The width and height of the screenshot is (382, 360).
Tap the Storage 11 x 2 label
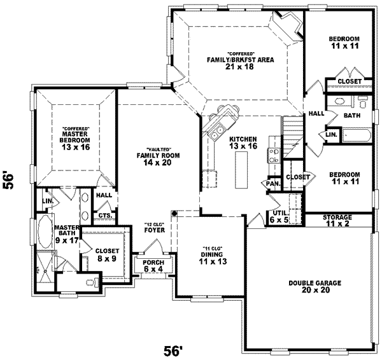[337, 221]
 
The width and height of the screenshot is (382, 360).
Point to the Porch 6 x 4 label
[153, 266]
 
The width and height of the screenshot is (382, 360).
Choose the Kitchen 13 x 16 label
[243, 143]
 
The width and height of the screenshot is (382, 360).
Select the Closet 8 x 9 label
[106, 254]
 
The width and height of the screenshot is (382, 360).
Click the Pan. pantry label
[273, 184]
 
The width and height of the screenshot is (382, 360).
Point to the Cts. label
[105, 216]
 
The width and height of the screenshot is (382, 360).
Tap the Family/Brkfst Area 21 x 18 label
[239, 60]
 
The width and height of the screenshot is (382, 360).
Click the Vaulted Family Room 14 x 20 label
[160, 155]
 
